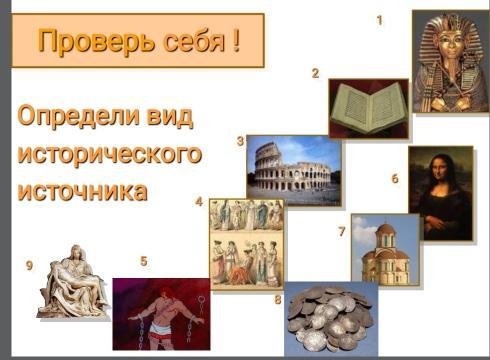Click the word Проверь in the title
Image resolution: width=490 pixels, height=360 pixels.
97,40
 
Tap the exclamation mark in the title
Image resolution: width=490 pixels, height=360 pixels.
236,39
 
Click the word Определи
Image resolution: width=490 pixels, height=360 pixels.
78,115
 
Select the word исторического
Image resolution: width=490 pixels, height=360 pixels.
110,154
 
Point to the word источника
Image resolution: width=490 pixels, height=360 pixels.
82,191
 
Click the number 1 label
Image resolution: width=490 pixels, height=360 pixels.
379,21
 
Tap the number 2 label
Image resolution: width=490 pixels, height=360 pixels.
315,73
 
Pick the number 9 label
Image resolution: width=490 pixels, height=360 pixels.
29,265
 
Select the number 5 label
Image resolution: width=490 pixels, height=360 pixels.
144,261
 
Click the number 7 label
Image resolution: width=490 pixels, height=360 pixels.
342,231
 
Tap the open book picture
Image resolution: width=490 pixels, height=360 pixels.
368,108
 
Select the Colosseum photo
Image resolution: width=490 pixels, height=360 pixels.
294,170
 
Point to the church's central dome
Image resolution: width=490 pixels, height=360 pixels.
386,231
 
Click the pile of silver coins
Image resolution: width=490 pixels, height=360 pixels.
330,319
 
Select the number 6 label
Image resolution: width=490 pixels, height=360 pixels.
395,179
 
